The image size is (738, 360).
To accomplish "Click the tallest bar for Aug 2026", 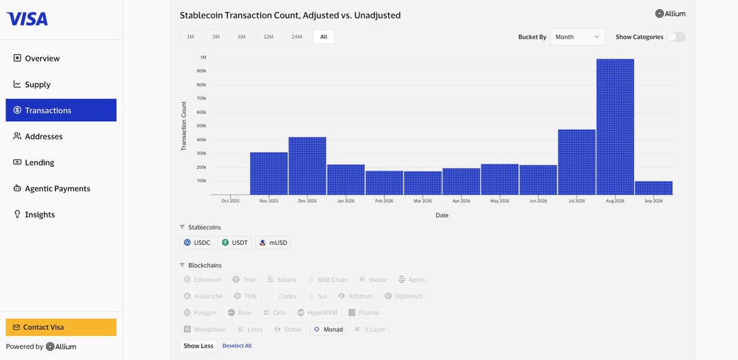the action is pos(615,127).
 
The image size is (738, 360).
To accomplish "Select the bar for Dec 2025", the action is pos(307,166).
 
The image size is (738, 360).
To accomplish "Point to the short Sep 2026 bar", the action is pos(654,188).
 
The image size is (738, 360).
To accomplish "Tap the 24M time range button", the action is pos(296,36).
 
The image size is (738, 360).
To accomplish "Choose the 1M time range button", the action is pos(191,36).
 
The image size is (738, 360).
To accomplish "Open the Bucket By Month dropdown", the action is pos(577,36).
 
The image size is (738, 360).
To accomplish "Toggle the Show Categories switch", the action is pos(676,36).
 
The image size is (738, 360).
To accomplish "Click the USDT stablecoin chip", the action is pos(234,242).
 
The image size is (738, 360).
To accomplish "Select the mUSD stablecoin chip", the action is pos(273,242).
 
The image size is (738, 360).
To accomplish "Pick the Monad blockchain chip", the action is pos(328,329).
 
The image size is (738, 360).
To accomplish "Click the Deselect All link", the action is pos(237,345).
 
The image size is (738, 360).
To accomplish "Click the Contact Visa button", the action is pos(61,327).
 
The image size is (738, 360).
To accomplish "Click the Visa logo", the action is pos(27,19).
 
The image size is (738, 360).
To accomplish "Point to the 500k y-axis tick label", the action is pos(201,126).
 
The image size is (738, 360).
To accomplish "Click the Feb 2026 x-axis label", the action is pos(384,201).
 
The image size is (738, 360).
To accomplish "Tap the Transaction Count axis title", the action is pos(184,126).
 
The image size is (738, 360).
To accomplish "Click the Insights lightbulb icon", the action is pos(17,214).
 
